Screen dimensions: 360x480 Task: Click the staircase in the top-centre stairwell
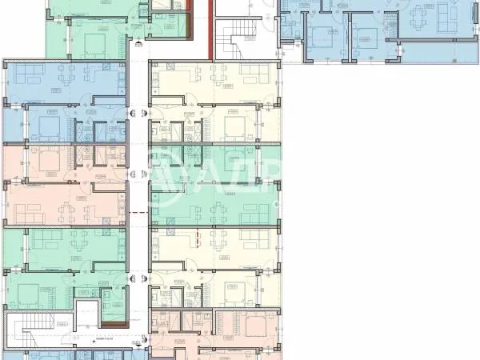click(x=239, y=40)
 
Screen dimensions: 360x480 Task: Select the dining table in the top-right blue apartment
click(x=422, y=17)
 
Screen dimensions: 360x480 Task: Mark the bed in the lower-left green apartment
click(x=24, y=294)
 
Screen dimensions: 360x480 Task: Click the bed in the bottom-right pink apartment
click(x=256, y=326)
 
